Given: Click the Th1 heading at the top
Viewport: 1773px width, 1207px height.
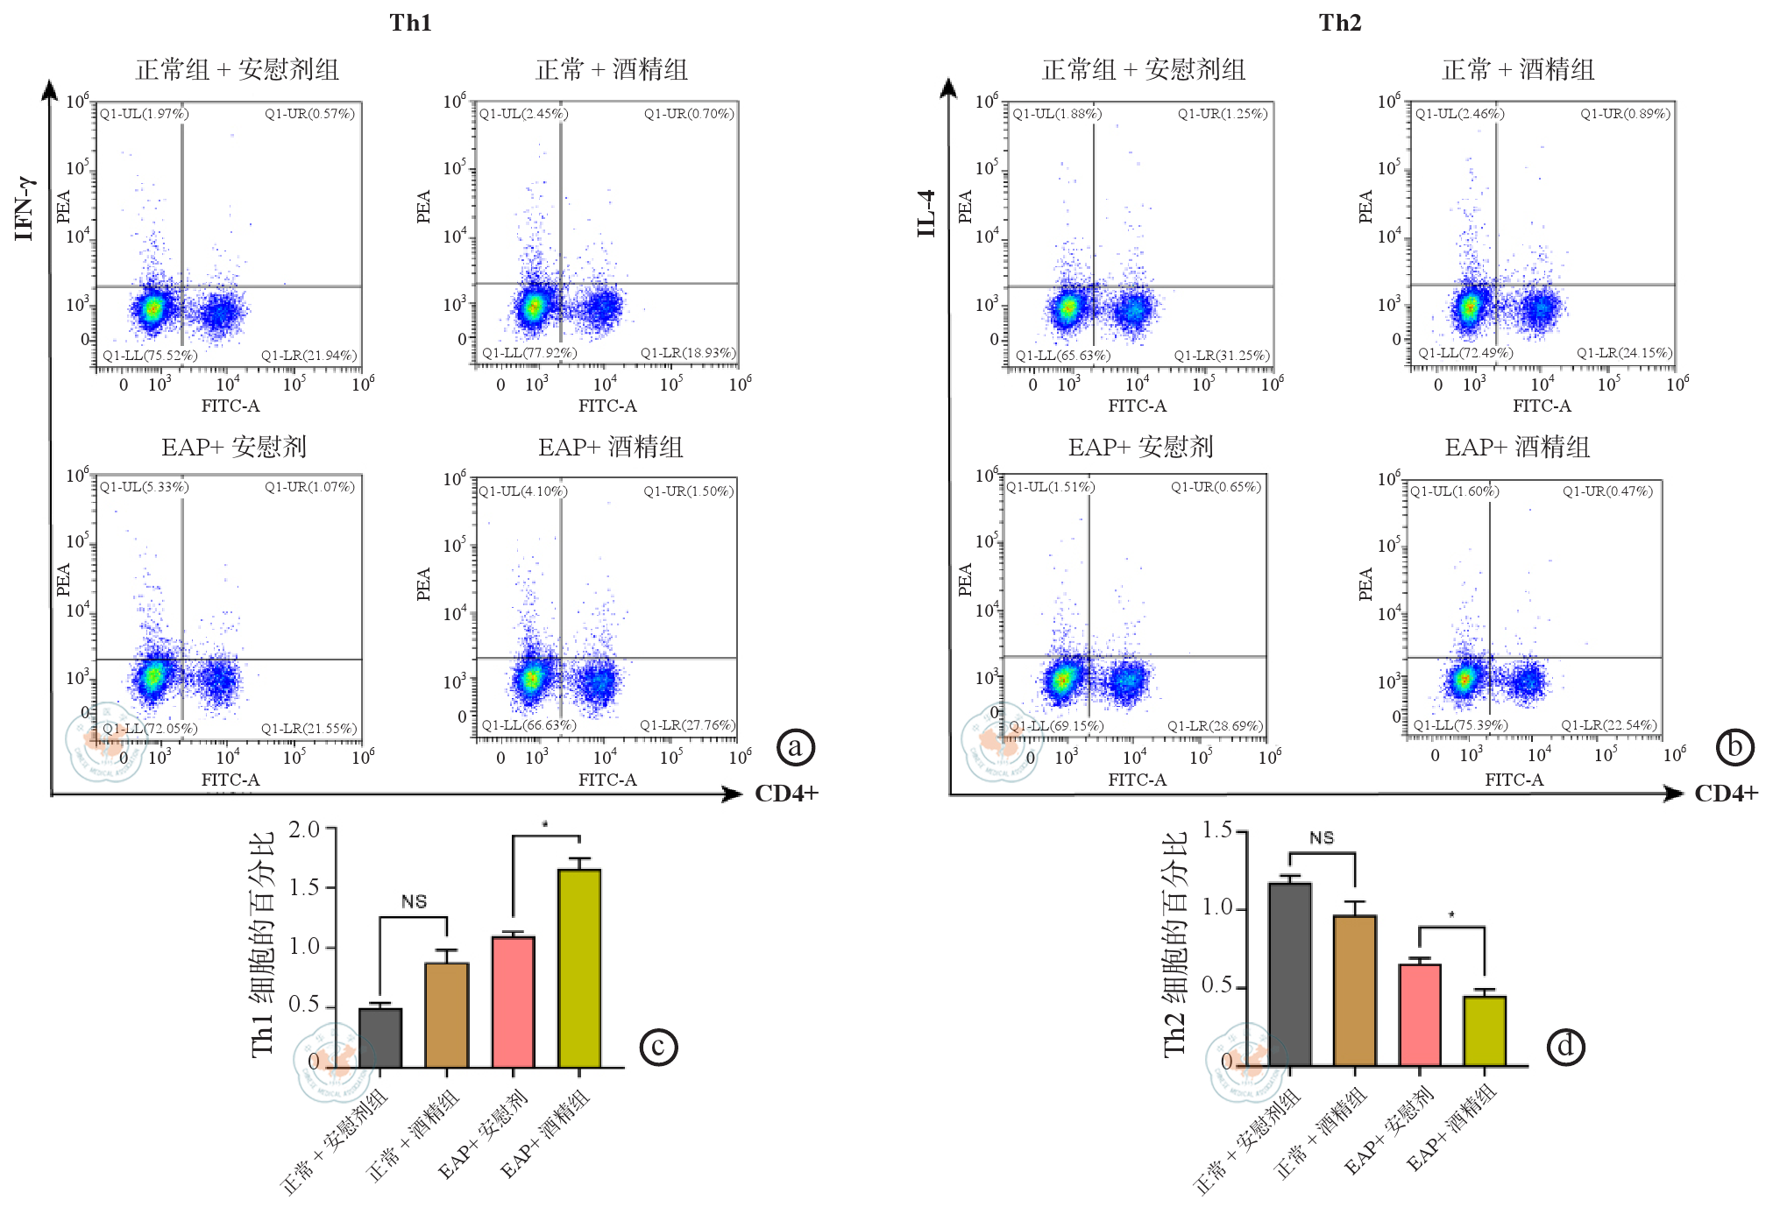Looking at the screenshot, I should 410,23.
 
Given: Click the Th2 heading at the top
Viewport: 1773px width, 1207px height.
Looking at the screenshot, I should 1339,23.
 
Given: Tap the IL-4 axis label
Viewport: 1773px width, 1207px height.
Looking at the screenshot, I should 926,213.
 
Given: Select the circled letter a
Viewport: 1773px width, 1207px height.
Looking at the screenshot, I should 796,747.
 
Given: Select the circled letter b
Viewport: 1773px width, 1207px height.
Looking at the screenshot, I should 1734,747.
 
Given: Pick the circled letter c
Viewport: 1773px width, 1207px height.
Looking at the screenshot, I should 658,1047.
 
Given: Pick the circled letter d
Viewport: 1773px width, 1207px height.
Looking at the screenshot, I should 1565,1047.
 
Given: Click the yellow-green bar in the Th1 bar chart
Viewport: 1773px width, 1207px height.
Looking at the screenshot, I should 579,968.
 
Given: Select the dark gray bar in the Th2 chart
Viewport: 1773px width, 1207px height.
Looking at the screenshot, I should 1290,974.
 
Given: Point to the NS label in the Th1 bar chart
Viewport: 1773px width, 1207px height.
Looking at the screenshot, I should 414,901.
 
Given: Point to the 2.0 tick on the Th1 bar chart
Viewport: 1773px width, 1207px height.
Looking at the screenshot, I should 304,829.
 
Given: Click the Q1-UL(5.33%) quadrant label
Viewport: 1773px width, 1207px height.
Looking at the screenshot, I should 144,487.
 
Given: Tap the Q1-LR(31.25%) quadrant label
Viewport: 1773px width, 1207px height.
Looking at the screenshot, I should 1221,355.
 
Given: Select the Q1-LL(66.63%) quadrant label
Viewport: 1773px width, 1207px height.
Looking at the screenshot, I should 528,725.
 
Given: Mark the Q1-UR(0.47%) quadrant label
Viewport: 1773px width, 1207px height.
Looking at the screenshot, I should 1607,491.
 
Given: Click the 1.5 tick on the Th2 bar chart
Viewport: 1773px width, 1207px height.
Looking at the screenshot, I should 1216,829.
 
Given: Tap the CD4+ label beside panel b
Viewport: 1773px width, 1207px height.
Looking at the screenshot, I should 1726,794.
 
